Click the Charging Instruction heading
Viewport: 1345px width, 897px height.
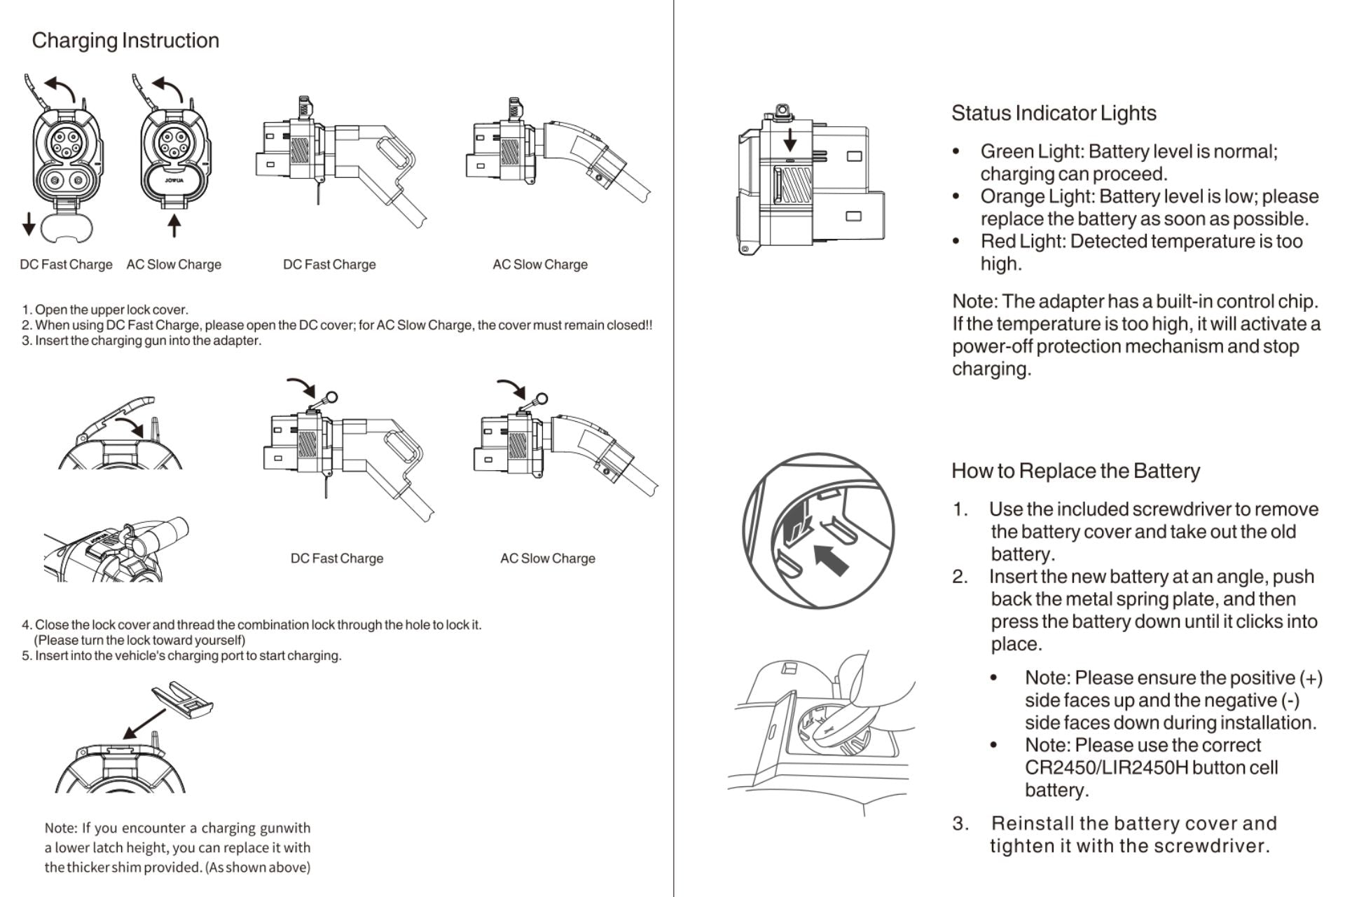(x=125, y=41)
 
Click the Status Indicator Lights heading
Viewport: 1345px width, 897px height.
(x=1053, y=114)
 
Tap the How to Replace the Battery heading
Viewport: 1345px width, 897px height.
(x=1075, y=471)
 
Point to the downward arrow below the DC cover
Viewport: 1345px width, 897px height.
(x=29, y=224)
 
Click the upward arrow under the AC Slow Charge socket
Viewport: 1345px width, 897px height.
(x=174, y=226)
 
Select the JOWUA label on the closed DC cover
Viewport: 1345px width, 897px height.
(x=174, y=181)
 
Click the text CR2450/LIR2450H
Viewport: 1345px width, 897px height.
(x=1106, y=768)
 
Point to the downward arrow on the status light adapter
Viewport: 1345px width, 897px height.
(x=789, y=139)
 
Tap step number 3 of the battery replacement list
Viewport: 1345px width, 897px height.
(x=960, y=823)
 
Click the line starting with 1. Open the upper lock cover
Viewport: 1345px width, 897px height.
(x=105, y=310)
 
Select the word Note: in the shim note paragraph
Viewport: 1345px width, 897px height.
(x=60, y=828)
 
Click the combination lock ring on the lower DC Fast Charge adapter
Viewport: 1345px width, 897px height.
(x=331, y=398)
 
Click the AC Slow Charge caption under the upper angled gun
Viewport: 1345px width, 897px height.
(x=539, y=265)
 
